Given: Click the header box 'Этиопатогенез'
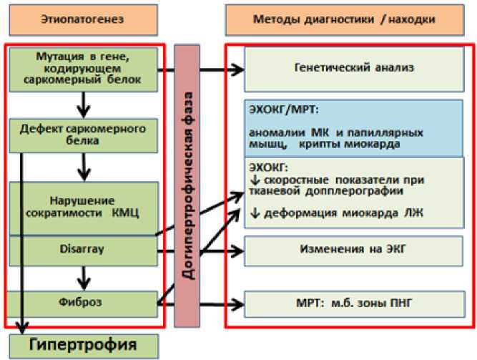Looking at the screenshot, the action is coord(84,20).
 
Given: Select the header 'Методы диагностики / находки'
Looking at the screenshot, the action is coord(345,20).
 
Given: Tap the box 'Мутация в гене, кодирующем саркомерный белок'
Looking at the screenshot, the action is coord(84,69).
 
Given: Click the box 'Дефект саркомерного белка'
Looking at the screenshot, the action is coord(84,135).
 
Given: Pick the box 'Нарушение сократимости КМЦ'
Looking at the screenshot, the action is coord(84,209).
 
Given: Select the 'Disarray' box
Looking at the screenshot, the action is coord(84,251).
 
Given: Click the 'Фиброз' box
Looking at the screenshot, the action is coord(82,304).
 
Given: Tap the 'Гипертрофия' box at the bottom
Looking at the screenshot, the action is coord(84,346).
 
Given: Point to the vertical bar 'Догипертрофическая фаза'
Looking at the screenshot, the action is coord(187,186).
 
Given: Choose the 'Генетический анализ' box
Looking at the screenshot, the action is coord(354,69).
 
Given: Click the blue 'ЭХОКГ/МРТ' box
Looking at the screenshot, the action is coord(354,129).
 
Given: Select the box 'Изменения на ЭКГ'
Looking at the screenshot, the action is coord(353,250).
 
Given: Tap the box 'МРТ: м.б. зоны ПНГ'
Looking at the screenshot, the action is coord(355,304).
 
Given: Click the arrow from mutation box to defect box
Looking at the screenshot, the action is coord(84,105).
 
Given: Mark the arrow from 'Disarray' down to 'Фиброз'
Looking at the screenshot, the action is coord(84,278).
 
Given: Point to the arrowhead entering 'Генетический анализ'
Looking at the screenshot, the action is coord(237,69).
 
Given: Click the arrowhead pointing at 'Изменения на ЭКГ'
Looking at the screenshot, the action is coord(237,251).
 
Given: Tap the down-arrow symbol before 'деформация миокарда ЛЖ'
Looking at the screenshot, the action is coord(255,213).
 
